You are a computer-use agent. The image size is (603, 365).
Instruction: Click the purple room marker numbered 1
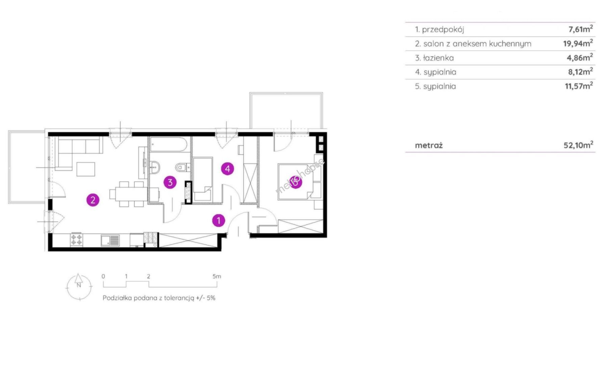(219, 221)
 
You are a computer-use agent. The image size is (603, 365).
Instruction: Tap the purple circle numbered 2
(93, 200)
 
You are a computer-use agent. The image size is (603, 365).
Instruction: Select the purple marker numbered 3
(170, 182)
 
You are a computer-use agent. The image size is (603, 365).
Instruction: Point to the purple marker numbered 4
(228, 169)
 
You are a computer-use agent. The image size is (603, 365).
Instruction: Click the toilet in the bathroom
(183, 167)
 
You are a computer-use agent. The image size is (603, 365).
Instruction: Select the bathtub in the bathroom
(169, 144)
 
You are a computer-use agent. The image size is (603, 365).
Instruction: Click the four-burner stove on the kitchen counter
(76, 240)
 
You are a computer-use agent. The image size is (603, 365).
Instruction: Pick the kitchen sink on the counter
(110, 240)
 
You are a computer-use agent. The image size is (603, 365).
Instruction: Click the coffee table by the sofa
(86, 169)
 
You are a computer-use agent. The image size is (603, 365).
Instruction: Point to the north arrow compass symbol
(79, 287)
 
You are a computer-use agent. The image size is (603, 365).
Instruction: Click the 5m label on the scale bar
(217, 276)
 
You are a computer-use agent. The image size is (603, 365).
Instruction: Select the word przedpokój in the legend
(443, 30)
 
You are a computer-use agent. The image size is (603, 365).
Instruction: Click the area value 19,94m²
(578, 43)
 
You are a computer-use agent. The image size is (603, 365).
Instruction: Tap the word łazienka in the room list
(438, 58)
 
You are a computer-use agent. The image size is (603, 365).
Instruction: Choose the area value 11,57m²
(579, 86)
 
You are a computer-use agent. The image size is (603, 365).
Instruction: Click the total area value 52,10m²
(578, 145)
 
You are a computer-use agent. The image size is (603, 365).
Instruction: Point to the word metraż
(429, 145)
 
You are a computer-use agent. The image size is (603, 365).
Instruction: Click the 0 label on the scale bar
(103, 276)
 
